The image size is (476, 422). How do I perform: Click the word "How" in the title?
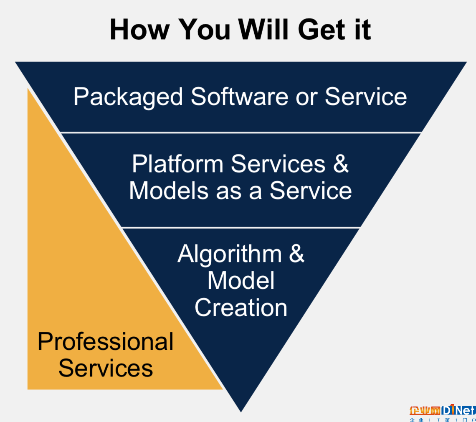tap(139, 30)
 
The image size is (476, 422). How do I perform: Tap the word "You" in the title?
tap(204, 30)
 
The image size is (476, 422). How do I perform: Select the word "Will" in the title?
tap(263, 30)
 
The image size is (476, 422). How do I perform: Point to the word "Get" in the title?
tap(322, 30)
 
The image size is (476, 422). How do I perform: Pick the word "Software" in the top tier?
tap(240, 97)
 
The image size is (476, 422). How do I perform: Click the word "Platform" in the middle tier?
tap(177, 164)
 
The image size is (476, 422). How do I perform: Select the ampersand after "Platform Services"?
tap(341, 164)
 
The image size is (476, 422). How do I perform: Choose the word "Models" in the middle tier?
tap(169, 191)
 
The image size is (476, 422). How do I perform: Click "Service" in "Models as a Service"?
tap(311, 191)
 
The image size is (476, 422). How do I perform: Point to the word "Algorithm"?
tap(230, 254)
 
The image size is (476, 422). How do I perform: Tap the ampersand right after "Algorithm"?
tap(296, 253)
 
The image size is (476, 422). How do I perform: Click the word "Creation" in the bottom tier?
tap(241, 308)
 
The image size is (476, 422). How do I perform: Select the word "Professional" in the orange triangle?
tap(106, 341)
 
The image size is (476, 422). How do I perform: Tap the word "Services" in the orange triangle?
tap(106, 368)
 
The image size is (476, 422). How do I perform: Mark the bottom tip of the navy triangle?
tap(241, 412)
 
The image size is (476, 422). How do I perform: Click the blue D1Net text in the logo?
tap(459, 410)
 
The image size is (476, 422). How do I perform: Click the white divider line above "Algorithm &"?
tap(241, 227)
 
